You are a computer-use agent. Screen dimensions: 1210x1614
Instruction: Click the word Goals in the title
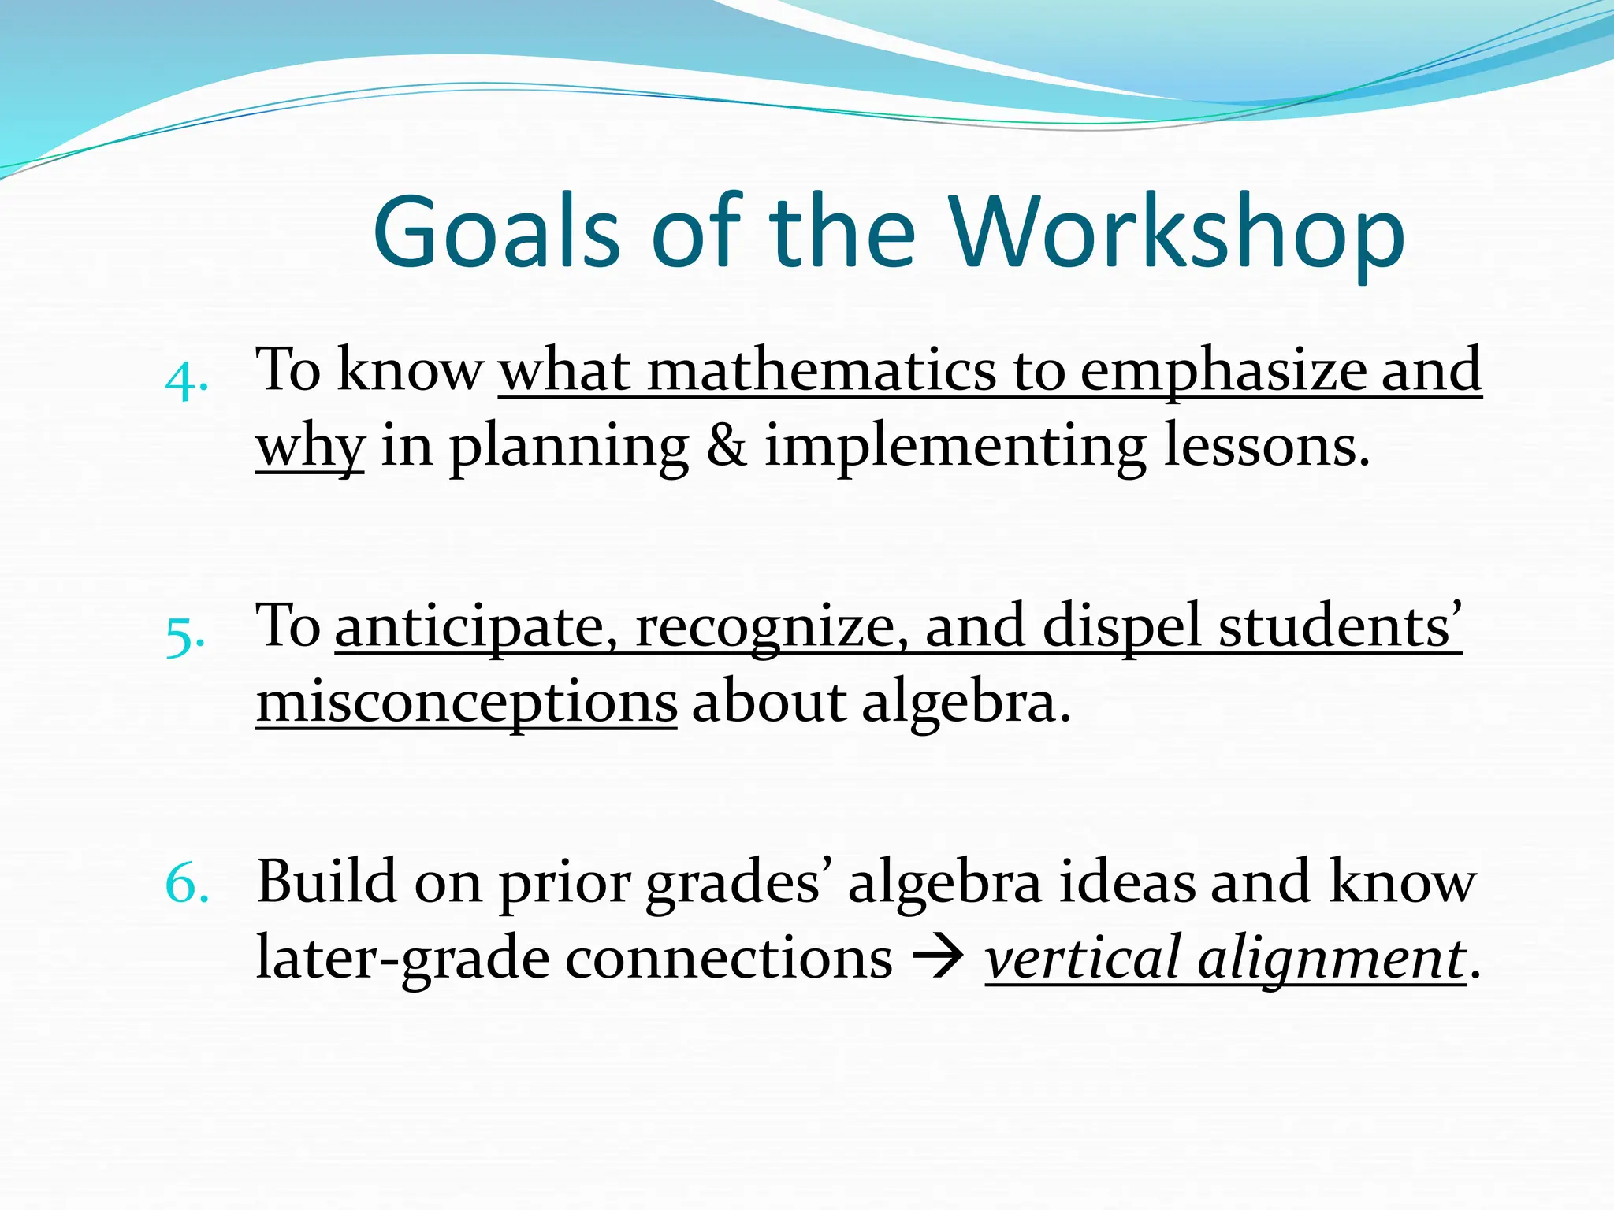(496, 233)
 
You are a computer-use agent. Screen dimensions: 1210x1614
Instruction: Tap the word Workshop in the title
(1177, 233)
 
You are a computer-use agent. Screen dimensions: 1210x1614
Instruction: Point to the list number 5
(186, 637)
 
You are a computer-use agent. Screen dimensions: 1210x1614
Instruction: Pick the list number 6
(188, 885)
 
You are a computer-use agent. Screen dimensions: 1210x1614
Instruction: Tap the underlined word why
(310, 447)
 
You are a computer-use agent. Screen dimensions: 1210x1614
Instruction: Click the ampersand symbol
(726, 446)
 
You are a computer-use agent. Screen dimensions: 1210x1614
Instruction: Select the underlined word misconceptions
(467, 703)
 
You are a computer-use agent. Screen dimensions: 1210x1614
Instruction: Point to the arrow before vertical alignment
(939, 959)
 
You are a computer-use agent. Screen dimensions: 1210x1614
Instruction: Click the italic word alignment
(1332, 959)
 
